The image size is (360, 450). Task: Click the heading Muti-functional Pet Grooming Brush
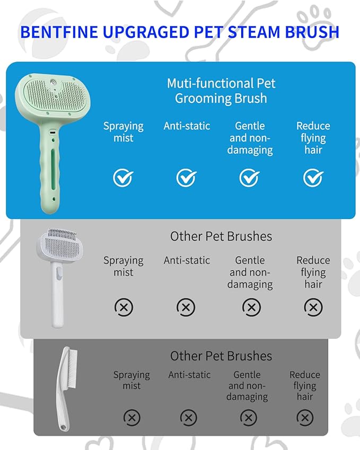pos(221,91)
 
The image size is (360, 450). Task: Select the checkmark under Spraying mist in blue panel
pos(123,178)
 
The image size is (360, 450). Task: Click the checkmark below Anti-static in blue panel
pos(187,178)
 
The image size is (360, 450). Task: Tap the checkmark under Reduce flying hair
pos(313,178)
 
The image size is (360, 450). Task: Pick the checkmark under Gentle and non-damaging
pos(250,178)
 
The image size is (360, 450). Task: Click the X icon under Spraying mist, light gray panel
pos(124,307)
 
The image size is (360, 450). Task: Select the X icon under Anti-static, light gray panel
pos(186,307)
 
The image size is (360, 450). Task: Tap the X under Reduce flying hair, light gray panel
pos(313,307)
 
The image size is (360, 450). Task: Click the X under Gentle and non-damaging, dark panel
pos(249,418)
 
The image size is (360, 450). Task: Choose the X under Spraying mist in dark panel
pos(132,418)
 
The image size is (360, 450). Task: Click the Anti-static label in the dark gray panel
pos(189,375)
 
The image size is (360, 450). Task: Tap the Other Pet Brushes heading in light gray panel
pos(221,236)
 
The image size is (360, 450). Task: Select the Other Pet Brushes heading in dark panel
pos(221,356)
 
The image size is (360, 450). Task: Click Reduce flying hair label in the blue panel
pos(313,138)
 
